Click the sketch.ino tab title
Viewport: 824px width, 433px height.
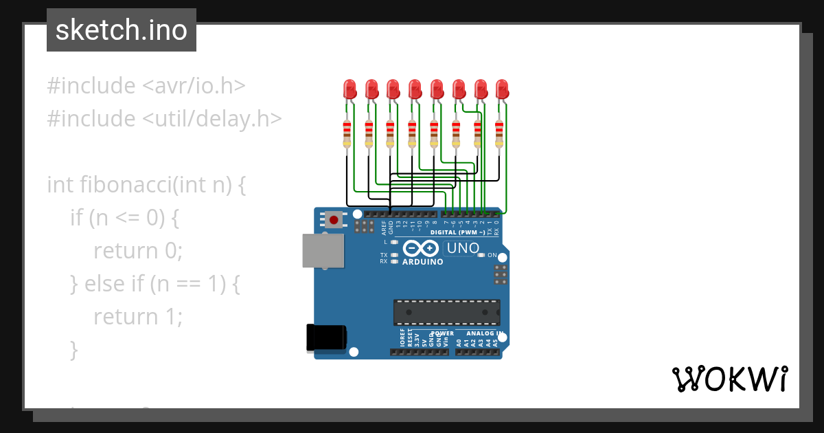pos(122,30)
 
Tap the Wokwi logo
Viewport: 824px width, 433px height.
pos(729,379)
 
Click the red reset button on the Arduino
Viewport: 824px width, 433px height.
pos(334,220)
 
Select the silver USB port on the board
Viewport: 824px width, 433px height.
pos(323,250)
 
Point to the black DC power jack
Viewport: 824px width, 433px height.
pos(327,337)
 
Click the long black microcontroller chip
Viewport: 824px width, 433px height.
pos(446,312)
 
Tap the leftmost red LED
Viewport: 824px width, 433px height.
pos(350,89)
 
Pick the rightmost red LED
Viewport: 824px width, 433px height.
pos(503,89)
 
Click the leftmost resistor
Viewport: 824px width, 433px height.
pos(347,133)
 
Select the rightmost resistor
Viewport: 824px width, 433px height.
pos(500,133)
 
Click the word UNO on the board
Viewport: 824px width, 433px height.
pos(462,248)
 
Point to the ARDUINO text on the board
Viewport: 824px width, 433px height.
pos(422,262)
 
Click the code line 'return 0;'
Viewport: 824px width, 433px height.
pos(138,251)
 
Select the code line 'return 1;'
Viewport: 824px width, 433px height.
pos(138,317)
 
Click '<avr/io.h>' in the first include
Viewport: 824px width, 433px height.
pos(194,86)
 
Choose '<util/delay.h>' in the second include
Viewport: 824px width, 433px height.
pos(212,119)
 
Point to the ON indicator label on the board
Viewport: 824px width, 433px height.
pos(492,255)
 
